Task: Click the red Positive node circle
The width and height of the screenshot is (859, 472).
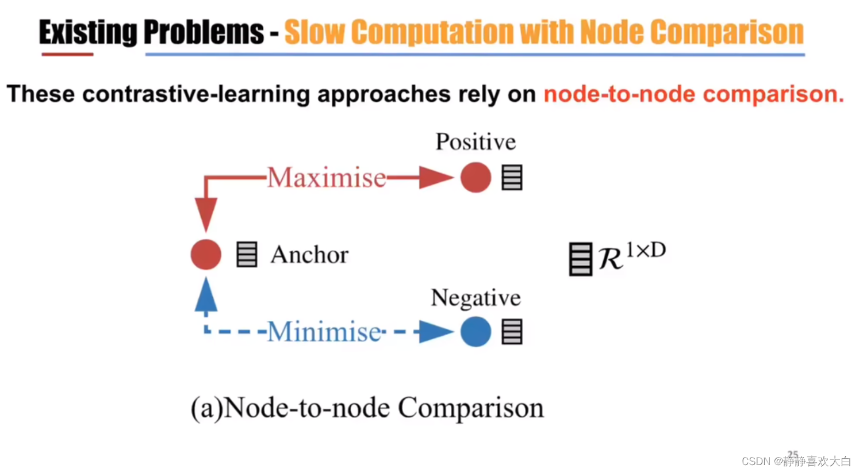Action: point(475,177)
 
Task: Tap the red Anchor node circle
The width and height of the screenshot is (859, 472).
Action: point(206,255)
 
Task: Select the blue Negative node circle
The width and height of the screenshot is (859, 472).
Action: point(475,332)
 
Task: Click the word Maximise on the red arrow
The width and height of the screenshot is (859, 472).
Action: point(327,178)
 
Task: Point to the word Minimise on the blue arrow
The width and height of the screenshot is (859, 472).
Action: point(324,332)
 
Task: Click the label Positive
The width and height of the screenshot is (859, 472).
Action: point(475,142)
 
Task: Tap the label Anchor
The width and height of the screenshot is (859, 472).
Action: point(309,255)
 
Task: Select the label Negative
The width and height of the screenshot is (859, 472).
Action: point(475,298)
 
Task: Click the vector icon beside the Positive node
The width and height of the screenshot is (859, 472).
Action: point(512,177)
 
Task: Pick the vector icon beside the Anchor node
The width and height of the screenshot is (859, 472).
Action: point(247,255)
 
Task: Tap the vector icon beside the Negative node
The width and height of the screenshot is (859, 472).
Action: point(512,332)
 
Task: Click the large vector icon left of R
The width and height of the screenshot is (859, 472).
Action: point(580,259)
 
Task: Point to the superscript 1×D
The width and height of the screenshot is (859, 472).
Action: point(646,250)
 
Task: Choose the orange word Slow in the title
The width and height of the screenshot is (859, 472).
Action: point(314,32)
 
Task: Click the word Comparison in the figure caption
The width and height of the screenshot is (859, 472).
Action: point(470,408)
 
